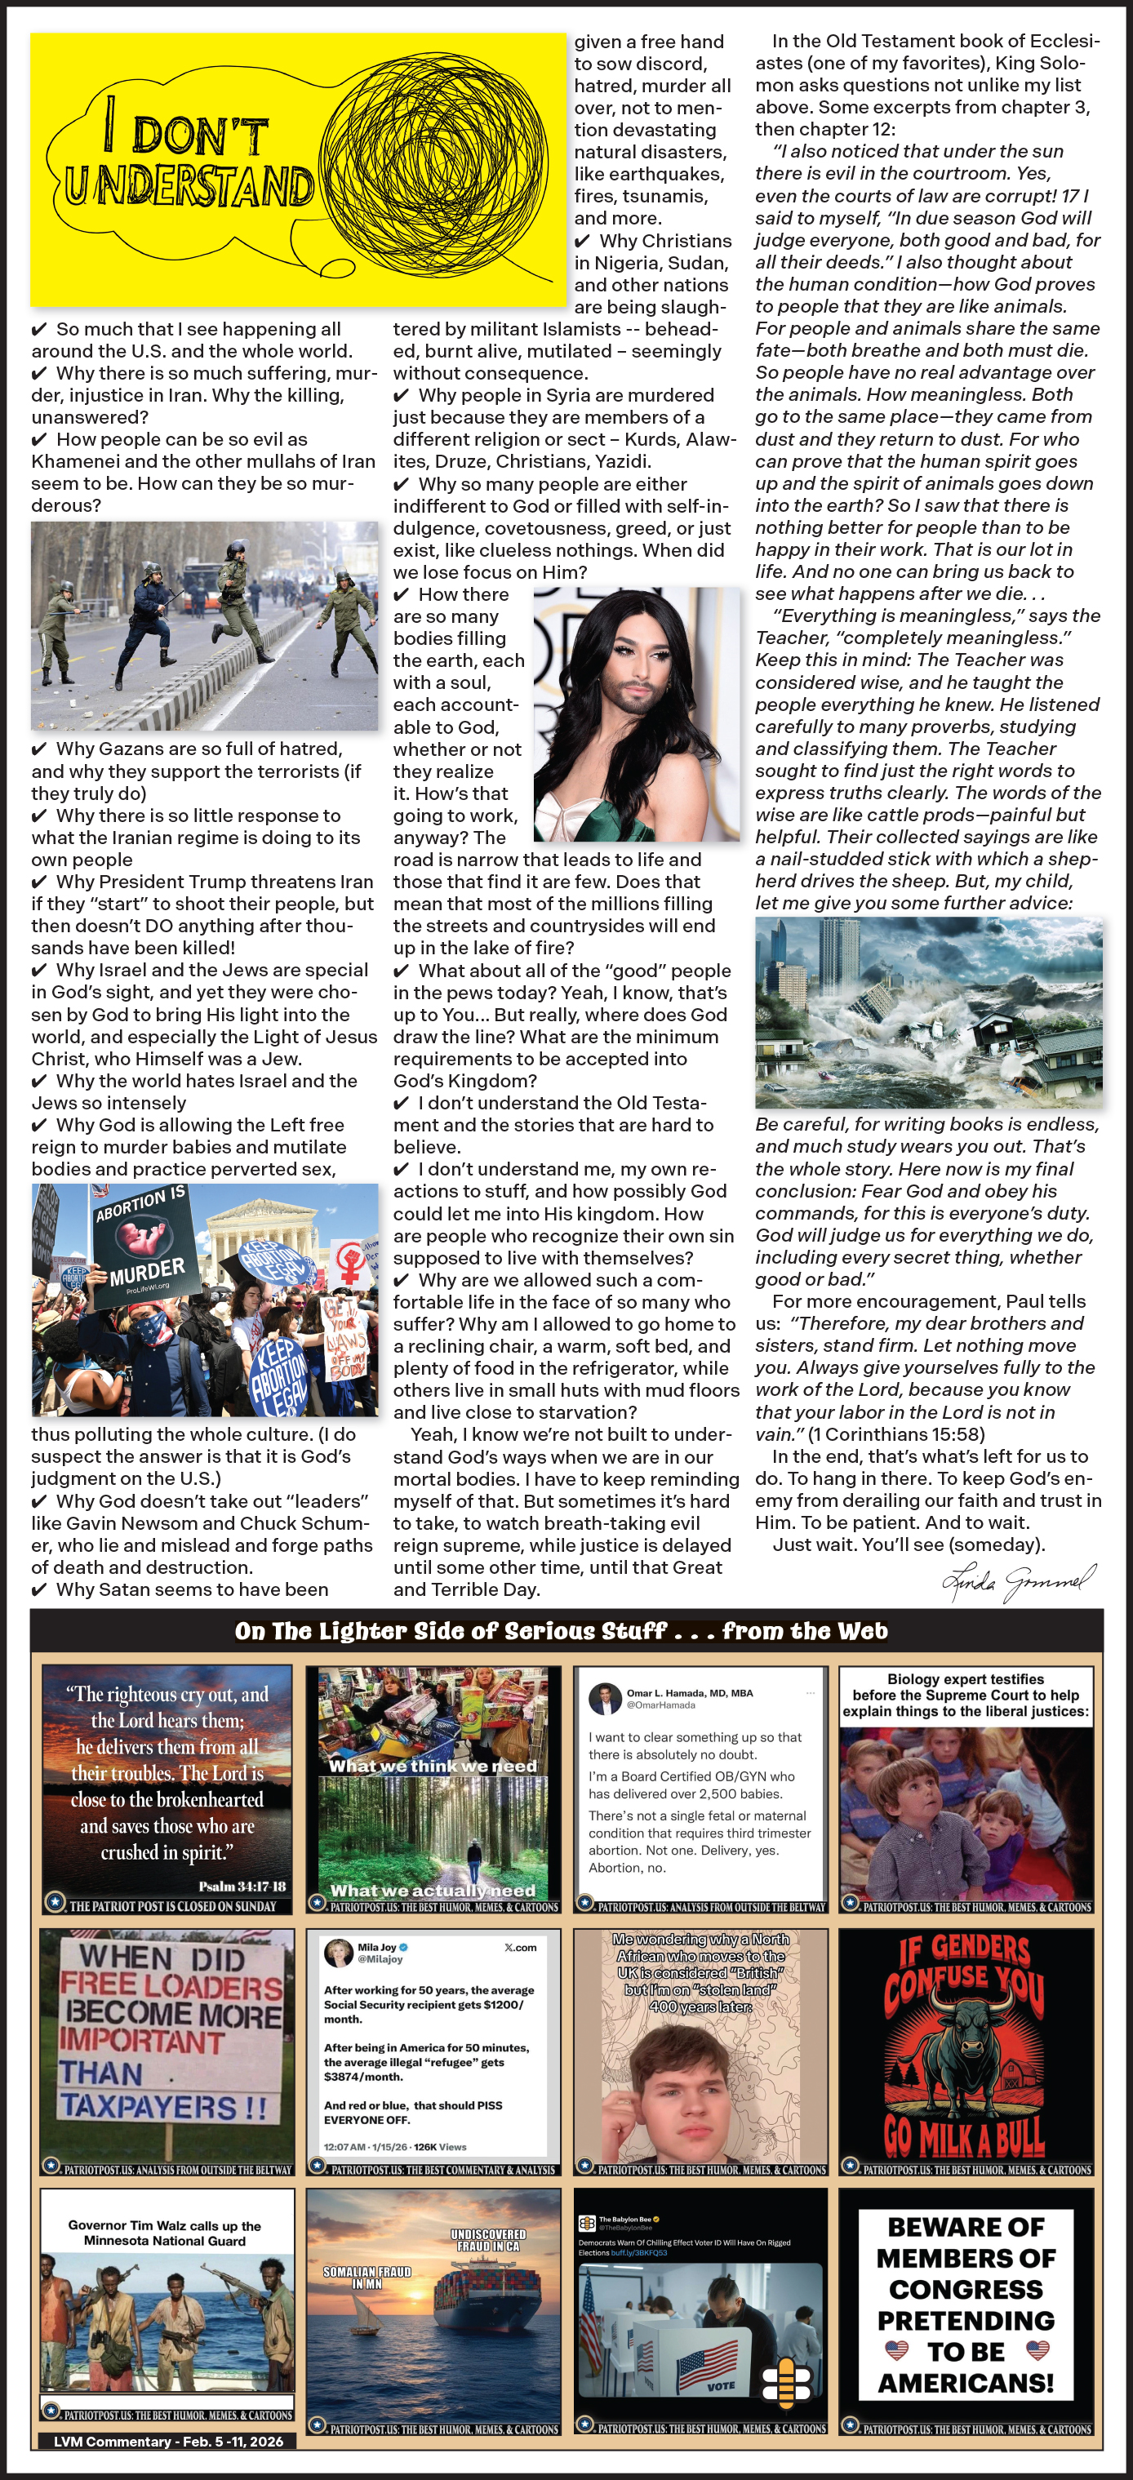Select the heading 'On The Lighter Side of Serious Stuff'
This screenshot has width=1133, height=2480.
451,1631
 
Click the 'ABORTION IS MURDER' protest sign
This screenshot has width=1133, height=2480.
145,1242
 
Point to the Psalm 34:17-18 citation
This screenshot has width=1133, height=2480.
242,1886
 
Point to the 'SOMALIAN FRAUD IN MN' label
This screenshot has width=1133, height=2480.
367,2277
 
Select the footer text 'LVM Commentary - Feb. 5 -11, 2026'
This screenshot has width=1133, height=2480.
168,2441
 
